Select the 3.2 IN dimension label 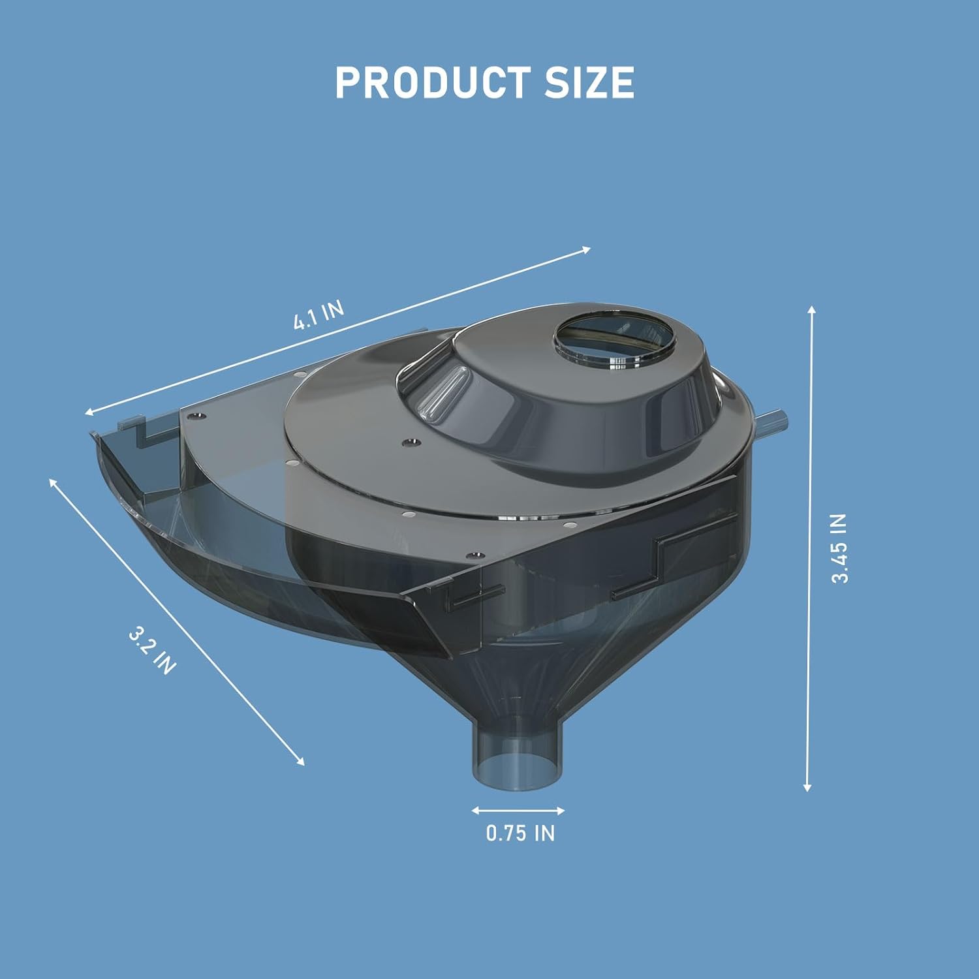(152, 650)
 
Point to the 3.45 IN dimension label (839, 548)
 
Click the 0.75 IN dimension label (520, 833)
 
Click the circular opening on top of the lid (614, 339)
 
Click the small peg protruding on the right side (773, 418)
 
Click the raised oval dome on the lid (561, 398)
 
